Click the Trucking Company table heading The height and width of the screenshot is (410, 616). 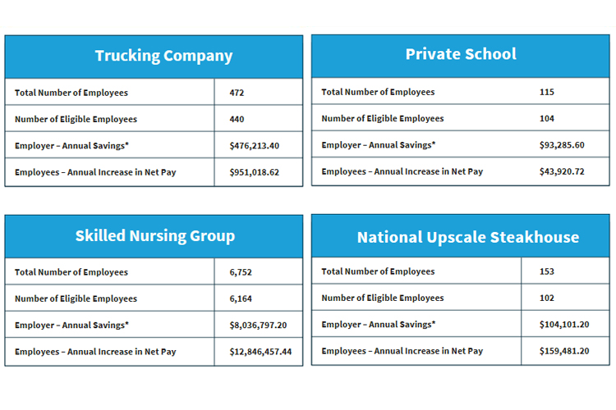pos(163,57)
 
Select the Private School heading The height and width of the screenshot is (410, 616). pos(461,55)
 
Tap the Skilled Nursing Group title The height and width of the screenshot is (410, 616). pos(154,236)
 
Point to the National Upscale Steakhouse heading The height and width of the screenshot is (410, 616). pos(467,238)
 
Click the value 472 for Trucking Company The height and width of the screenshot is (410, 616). pos(237,93)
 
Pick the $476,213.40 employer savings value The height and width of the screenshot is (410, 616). pos(255,146)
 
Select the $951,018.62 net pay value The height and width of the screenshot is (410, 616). pos(255,172)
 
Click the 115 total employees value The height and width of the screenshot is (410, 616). pos(547,92)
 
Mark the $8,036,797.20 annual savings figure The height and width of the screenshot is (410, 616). pos(260,325)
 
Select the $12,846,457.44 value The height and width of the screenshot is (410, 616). pos(262,352)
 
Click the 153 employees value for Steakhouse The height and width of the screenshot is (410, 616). pos(547,271)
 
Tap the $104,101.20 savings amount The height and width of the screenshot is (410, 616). pos(564,324)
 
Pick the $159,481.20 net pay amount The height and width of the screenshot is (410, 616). pos(564,351)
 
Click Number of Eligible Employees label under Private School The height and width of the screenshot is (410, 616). pos(382,119)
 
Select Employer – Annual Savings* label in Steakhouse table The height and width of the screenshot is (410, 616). pos(378,324)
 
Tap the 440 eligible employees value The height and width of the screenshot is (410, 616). pos(237,119)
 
